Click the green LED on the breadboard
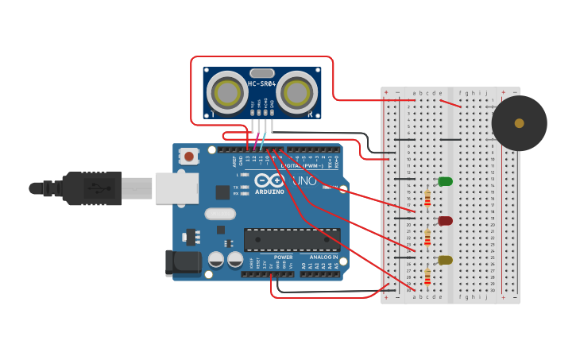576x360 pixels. point(445,181)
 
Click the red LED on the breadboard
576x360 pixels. point(445,221)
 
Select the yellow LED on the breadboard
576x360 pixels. point(445,260)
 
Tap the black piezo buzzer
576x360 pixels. point(519,123)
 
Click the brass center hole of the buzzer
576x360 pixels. point(519,123)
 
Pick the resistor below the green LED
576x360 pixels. point(427,198)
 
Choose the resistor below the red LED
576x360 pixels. point(427,238)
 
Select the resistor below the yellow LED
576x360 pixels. point(427,277)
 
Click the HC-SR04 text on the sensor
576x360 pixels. point(261,84)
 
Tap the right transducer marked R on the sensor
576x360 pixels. point(298,92)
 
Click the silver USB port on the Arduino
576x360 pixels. point(176,188)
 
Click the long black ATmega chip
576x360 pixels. point(292,239)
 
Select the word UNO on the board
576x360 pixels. point(304,181)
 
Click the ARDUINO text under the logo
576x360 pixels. point(270,192)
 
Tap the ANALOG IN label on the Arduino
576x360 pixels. point(323,257)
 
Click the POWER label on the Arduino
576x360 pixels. point(284,257)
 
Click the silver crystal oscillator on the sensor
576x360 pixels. point(261,73)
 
